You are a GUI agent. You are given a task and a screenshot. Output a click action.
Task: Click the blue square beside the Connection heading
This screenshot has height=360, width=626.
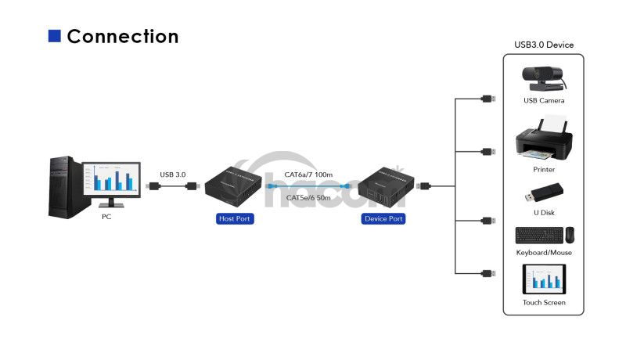[55, 36]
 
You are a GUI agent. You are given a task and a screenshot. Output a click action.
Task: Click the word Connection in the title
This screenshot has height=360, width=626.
[123, 36]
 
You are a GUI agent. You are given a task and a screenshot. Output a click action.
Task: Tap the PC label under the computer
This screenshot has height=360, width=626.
[106, 217]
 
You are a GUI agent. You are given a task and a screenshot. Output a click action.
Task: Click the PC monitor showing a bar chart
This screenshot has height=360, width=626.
[111, 181]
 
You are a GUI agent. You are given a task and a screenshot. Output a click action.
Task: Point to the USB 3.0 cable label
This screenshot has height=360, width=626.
[172, 175]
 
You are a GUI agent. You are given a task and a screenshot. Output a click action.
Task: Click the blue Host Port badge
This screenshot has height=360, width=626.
[233, 219]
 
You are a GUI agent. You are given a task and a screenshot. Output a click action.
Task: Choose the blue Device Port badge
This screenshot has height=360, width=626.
[383, 219]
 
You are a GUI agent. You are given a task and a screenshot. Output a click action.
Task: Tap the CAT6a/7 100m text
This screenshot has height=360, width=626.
[309, 175]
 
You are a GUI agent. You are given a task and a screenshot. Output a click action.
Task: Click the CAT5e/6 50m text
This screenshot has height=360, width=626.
[309, 198]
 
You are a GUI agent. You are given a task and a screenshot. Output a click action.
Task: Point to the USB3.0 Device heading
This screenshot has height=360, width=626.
[544, 45]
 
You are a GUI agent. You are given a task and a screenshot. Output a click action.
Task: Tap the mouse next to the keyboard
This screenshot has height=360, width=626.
[570, 235]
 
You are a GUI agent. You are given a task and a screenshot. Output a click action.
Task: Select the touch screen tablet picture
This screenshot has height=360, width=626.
[544, 279]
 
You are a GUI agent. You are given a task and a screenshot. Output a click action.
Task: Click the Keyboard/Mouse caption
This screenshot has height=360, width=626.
[544, 253]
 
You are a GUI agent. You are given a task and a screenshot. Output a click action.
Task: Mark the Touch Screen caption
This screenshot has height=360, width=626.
[544, 303]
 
